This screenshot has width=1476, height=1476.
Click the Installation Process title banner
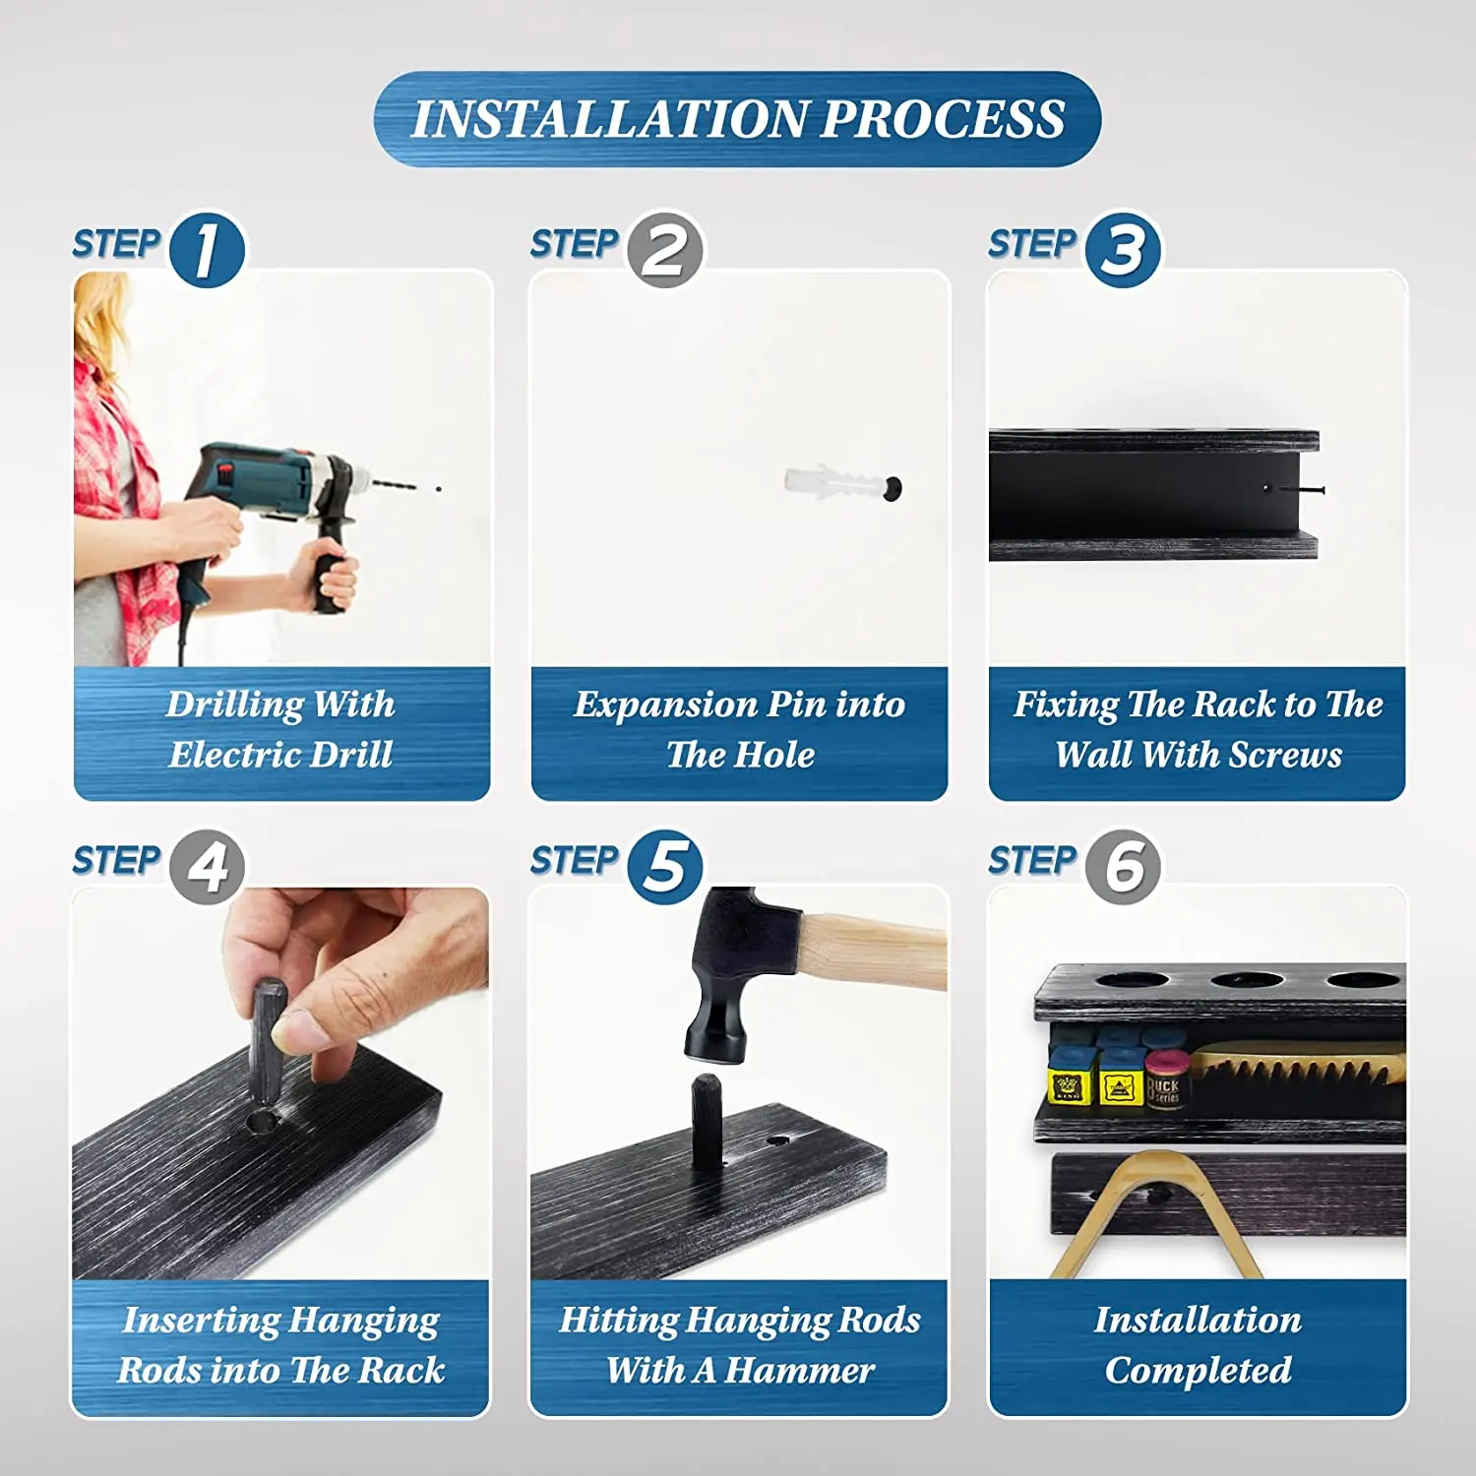[x=737, y=119]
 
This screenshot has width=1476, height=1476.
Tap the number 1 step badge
[x=207, y=250]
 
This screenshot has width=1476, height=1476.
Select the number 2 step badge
[x=665, y=250]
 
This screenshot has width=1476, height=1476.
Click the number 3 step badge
[x=1123, y=250]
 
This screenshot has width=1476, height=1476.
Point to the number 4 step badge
[x=207, y=866]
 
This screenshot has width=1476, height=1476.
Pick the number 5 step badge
[x=665, y=866]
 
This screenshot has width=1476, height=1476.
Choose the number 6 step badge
[x=1123, y=866]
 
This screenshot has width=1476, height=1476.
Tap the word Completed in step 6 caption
[x=1199, y=1371]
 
